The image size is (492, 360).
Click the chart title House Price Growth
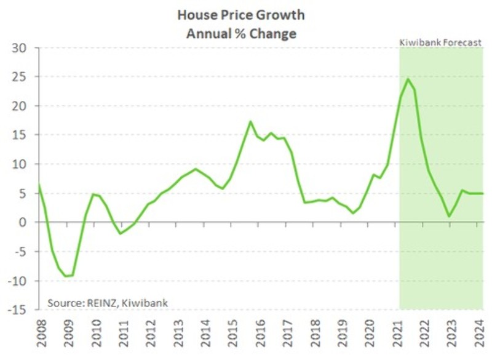click(x=241, y=14)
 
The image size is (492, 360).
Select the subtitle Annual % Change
click(x=241, y=33)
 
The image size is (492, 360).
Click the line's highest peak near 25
click(x=408, y=79)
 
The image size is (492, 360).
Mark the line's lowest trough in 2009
click(x=66, y=276)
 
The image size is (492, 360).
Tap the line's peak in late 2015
click(x=250, y=121)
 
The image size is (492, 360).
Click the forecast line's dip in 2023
click(x=450, y=216)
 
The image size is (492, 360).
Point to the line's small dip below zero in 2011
click(x=121, y=233)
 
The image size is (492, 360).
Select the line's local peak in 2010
click(x=93, y=194)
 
